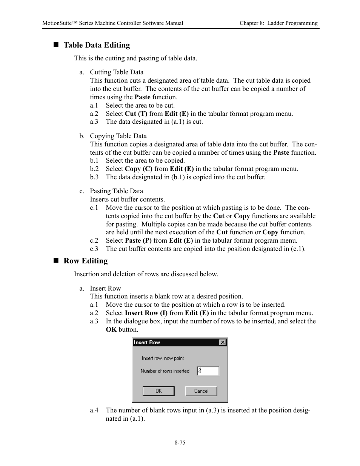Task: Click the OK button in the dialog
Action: [x=158, y=391]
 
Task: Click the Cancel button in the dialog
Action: [x=201, y=391]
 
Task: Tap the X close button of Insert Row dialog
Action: [x=223, y=342]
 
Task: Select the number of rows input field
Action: [x=208, y=371]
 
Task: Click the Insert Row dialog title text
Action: [x=147, y=342]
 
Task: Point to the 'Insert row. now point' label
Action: [x=163, y=358]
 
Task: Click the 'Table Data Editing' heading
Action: [x=97, y=45]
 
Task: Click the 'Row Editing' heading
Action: [x=86, y=261]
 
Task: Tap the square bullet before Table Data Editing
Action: [x=57, y=45]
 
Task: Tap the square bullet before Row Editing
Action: [x=57, y=261]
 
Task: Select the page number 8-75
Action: [x=180, y=443]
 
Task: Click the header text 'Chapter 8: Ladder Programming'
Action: [x=278, y=23]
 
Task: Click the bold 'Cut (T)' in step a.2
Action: [x=136, y=114]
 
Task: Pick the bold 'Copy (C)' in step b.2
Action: [x=139, y=169]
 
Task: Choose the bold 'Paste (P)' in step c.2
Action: [x=138, y=240]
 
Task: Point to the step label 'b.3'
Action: [x=94, y=177]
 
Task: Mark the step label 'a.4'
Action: [x=94, y=410]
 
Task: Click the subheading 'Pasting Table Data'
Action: [x=116, y=191]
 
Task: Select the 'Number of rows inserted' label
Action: [x=165, y=371]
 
